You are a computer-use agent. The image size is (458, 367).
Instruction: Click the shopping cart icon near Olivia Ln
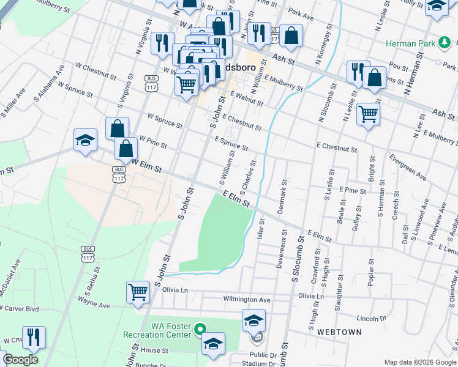click(138, 292)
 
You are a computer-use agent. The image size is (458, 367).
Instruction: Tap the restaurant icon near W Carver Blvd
click(34, 337)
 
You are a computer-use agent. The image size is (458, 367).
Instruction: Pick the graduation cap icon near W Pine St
click(85, 139)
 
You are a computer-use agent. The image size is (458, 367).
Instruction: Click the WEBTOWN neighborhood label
click(339, 332)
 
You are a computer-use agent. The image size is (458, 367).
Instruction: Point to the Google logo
click(20, 360)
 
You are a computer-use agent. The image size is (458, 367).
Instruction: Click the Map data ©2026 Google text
click(421, 362)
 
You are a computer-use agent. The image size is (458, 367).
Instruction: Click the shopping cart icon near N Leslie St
click(368, 113)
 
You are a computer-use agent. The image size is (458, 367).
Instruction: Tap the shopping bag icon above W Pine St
click(117, 128)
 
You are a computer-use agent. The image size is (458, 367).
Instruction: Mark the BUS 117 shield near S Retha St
click(88, 251)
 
